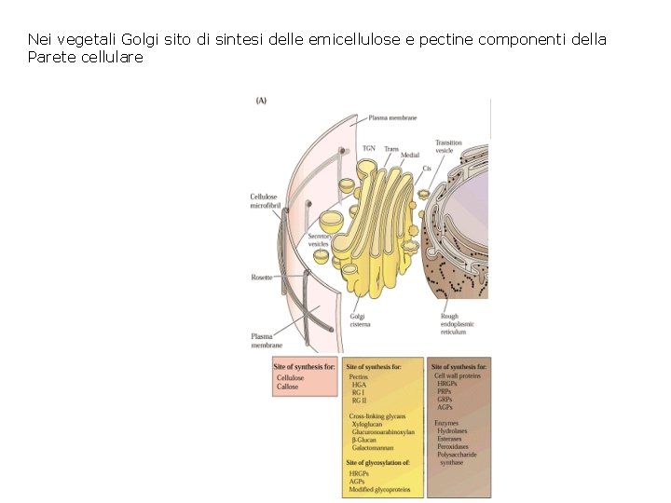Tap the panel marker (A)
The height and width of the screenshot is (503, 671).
tap(262, 101)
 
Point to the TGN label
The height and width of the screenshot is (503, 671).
tap(368, 148)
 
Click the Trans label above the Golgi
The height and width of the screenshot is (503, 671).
tap(391, 148)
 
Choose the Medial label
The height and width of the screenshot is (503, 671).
tap(410, 156)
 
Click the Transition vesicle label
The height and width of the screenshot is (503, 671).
tap(448, 146)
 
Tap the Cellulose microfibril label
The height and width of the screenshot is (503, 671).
tap(264, 201)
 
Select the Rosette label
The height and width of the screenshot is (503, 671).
tap(262, 277)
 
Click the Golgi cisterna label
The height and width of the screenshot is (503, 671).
tap(360, 320)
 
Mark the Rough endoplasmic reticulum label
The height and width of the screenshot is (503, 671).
tap(457, 324)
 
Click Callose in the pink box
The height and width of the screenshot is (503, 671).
tap(287, 387)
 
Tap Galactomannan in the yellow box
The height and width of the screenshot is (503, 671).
tap(373, 448)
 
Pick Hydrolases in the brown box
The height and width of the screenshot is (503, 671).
tap(454, 430)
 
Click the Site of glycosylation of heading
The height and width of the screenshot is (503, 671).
tap(377, 462)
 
